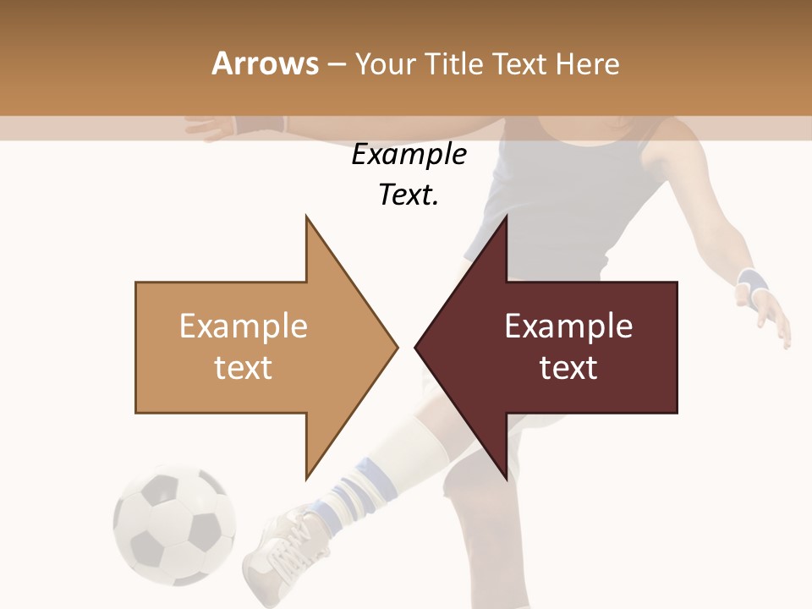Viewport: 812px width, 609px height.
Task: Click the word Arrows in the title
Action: point(265,63)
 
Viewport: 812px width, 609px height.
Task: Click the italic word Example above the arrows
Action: point(409,155)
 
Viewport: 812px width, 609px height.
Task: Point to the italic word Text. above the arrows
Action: point(409,195)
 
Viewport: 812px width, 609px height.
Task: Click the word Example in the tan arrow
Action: point(244,326)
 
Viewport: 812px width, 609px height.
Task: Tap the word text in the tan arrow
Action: point(244,367)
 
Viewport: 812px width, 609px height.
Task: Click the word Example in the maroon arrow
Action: point(568,326)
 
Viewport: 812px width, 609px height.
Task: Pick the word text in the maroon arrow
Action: point(568,367)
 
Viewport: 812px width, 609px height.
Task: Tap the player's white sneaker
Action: point(283,550)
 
